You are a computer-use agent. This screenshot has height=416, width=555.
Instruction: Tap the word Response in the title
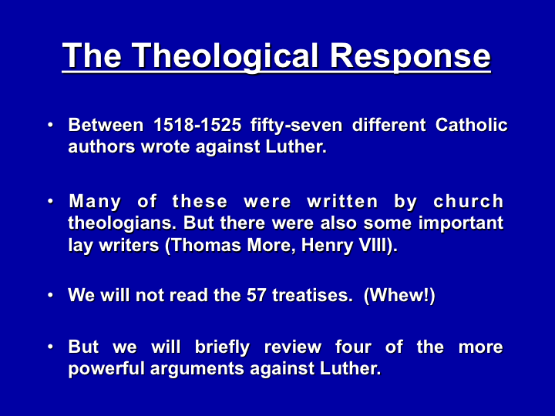coord(410,56)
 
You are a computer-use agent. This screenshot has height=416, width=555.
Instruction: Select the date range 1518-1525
coord(197,125)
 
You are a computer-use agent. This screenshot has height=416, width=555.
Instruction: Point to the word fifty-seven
coord(296,126)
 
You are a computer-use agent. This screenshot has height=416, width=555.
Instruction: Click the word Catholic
coord(472,125)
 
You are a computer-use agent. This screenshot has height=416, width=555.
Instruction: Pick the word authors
coord(102,147)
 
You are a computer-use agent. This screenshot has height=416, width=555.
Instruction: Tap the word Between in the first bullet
coord(106,125)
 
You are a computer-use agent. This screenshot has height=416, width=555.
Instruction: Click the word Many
coord(95,203)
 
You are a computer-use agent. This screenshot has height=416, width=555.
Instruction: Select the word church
coord(469,201)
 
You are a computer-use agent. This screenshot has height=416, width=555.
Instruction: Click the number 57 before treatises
coord(256,295)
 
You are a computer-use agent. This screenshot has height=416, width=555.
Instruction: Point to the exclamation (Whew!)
coord(399,295)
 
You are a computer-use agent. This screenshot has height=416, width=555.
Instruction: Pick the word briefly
coord(222,347)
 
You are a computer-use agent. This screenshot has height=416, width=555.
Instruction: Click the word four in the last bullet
coord(353,347)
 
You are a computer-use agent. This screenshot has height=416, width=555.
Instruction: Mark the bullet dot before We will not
coord(51,295)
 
